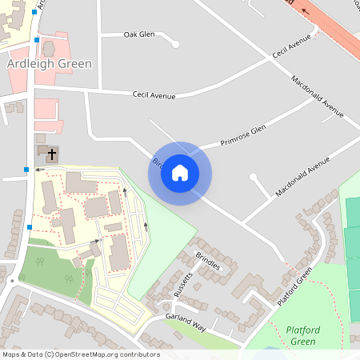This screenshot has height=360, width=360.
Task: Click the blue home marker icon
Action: (180, 173)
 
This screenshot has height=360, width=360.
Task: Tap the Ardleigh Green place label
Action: (49, 63)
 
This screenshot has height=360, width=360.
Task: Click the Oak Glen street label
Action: (139, 34)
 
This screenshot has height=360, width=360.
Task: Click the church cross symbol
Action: (52, 153)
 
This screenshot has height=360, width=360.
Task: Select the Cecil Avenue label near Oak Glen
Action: (154, 96)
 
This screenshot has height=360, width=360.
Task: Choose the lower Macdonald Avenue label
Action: (302, 178)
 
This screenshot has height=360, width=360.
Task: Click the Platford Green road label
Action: (294, 286)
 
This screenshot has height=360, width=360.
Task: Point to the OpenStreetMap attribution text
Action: (81, 354)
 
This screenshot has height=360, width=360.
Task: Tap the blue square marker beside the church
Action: (26, 170)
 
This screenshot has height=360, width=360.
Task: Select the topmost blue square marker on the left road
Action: (34, 13)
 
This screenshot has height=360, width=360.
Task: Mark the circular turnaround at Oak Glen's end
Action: (173, 45)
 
